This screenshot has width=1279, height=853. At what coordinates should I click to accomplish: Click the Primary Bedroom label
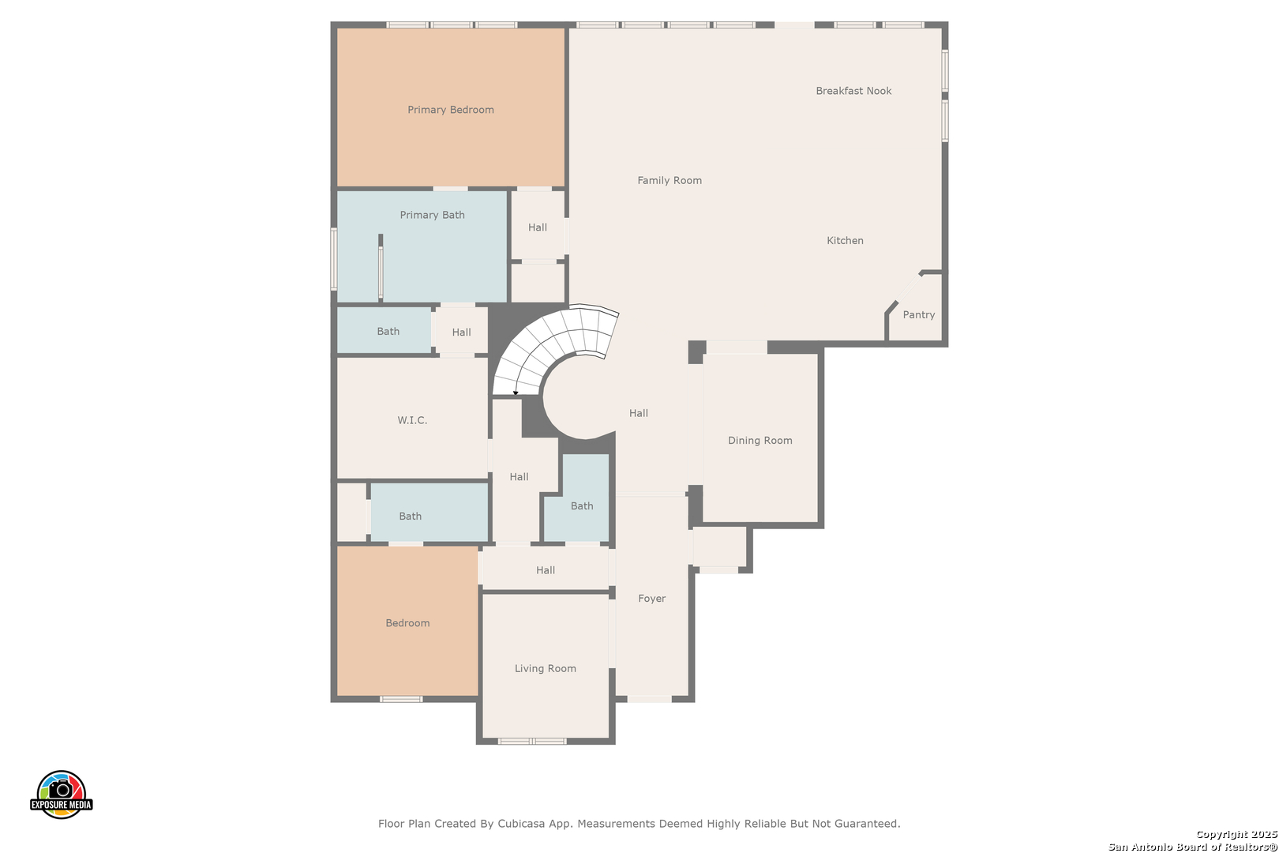[451, 110]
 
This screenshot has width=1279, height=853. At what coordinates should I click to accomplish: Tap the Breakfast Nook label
[853, 91]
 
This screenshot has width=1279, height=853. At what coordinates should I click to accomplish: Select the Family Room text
[670, 181]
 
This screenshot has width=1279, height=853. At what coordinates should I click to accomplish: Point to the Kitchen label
[845, 241]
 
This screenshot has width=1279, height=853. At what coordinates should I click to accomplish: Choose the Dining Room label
[760, 441]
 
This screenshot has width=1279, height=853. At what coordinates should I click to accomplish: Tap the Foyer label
[651, 598]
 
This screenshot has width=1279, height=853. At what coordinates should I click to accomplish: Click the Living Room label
[546, 668]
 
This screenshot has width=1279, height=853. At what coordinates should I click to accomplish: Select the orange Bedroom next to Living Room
[407, 621]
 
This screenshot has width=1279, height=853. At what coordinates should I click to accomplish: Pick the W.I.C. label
[412, 420]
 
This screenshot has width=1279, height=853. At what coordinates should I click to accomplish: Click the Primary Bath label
[432, 215]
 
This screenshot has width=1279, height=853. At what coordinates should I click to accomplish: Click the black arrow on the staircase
[516, 393]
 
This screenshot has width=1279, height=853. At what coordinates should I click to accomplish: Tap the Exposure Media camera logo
[61, 794]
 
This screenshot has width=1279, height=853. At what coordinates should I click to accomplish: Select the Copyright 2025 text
[1236, 834]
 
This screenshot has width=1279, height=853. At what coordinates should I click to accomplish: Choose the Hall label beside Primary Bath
[538, 227]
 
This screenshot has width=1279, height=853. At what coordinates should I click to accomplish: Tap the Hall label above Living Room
[546, 570]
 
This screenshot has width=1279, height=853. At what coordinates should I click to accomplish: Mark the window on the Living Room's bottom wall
[532, 742]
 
